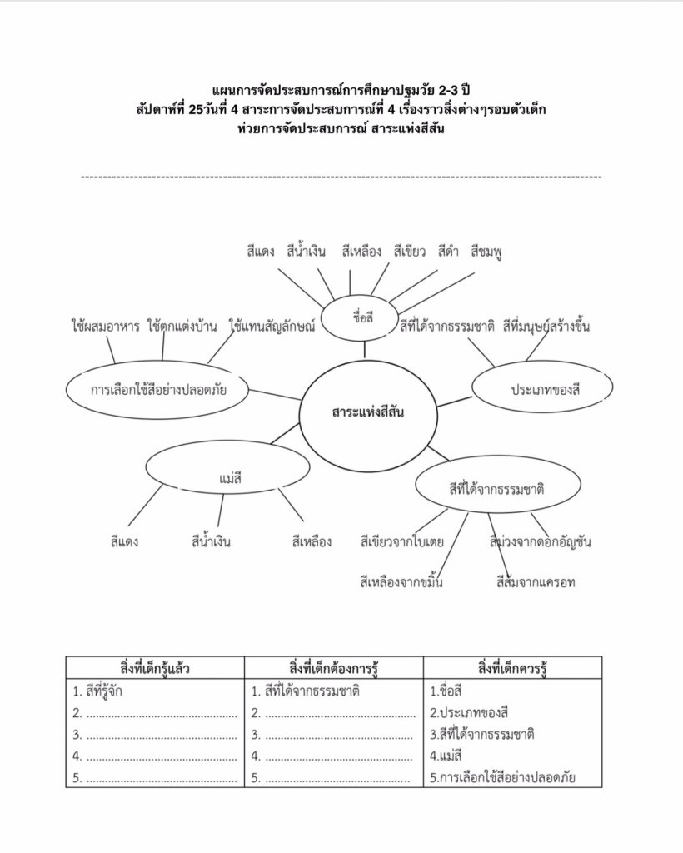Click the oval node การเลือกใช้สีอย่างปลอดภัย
coord(158,389)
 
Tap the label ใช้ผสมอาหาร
coord(105,327)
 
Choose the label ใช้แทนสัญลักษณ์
coord(272,327)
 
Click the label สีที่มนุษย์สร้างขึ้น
coord(546,327)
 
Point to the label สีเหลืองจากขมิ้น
coord(401,581)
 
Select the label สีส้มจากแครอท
coord(535,581)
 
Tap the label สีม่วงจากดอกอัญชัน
coord(541,542)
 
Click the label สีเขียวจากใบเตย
coord(401,542)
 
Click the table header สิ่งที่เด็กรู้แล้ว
coord(155,668)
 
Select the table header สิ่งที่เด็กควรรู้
coord(512,668)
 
